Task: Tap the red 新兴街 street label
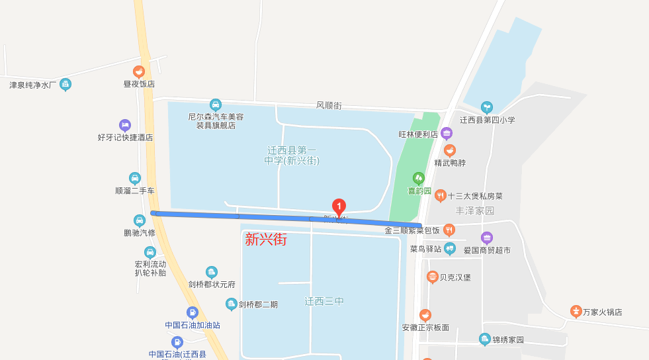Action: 266,240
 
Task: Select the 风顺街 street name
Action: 328,105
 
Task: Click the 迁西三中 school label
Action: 324,301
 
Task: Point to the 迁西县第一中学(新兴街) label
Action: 292,156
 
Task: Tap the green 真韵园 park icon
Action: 418,178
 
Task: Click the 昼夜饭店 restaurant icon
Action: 139,71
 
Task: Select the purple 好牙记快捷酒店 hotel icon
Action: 125,125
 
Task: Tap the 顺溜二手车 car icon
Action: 135,178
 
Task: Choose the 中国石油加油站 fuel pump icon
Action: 192,312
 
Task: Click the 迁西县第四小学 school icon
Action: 487,107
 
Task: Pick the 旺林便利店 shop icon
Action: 447,133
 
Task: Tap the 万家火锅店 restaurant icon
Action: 576,311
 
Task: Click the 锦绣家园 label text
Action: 508,340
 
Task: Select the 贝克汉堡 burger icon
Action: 432,277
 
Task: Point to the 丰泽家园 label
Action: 475,210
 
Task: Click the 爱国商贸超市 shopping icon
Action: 487,238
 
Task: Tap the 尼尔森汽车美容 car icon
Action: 215,105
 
